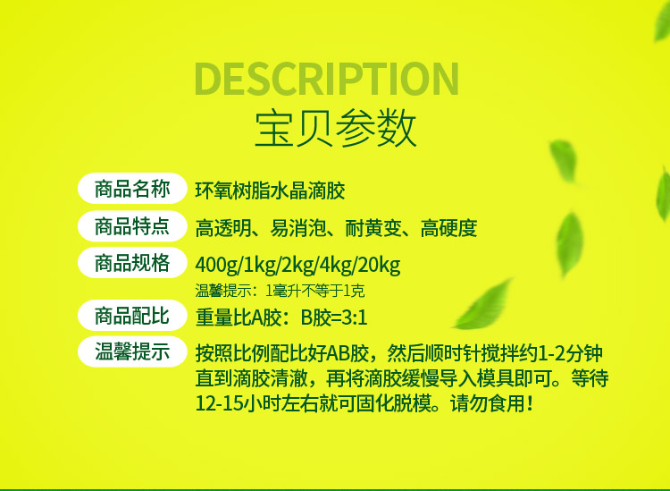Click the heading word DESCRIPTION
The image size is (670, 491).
point(326,79)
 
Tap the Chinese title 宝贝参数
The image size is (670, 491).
point(335,128)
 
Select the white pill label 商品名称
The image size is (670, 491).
point(132,188)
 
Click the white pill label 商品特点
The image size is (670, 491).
point(132,226)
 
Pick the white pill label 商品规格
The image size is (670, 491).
point(132,262)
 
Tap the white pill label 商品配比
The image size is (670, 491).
point(132,315)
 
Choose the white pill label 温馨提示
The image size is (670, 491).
point(132,351)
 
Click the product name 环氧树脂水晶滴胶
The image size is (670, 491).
point(270,190)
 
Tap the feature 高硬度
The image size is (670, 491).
point(448,228)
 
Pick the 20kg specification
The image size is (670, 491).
point(379,265)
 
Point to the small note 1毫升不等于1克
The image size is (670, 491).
point(315,291)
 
